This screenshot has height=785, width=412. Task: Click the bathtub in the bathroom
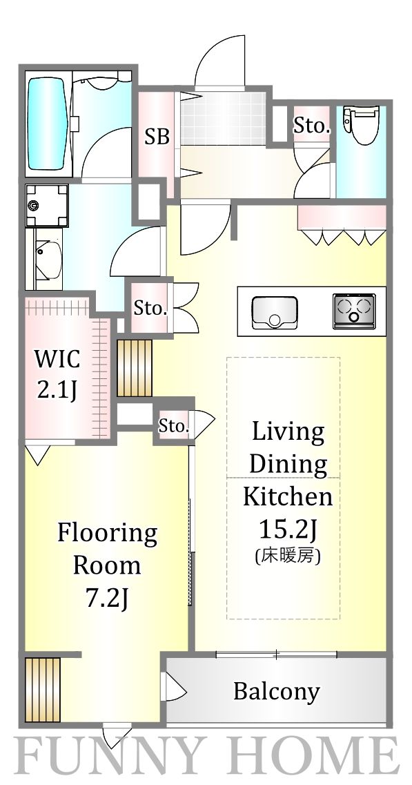(48, 124)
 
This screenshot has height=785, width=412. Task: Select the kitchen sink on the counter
(275, 312)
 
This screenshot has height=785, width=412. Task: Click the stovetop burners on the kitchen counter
(354, 311)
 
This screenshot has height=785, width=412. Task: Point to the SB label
(157, 136)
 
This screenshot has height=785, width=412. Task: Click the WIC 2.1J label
(57, 374)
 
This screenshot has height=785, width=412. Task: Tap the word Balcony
(276, 692)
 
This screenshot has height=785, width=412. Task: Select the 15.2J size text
(286, 529)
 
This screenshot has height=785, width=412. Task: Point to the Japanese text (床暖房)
(287, 556)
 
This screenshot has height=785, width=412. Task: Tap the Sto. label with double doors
(150, 308)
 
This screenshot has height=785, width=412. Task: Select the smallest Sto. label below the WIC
(174, 427)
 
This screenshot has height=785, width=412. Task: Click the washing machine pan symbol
(47, 205)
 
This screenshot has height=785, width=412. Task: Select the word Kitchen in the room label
(288, 496)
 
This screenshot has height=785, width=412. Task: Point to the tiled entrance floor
(224, 119)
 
